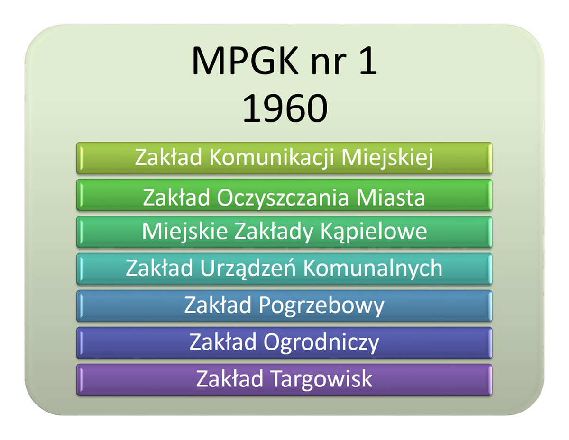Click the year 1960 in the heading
(x=285, y=108)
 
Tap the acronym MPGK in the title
(x=245, y=61)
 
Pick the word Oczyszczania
(x=283, y=197)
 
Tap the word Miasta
(x=390, y=197)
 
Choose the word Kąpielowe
(x=374, y=231)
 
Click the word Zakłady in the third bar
(x=274, y=231)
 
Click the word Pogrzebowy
(x=321, y=305)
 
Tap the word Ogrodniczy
(x=321, y=342)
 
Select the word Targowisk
(x=322, y=379)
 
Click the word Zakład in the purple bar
(x=229, y=378)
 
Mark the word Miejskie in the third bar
(x=184, y=231)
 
